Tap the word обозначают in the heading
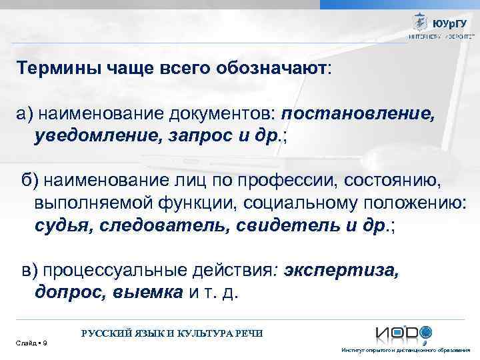pyautogui.click(x=275, y=69)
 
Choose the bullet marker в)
pyautogui.click(x=31, y=271)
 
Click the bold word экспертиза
pyautogui.click(x=342, y=271)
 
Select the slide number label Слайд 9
pyautogui.click(x=29, y=343)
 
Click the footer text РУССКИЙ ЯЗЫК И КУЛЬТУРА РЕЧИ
pyautogui.click(x=172, y=333)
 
